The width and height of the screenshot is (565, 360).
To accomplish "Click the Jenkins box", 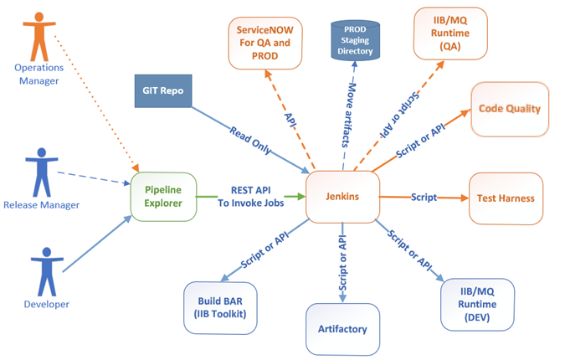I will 342,198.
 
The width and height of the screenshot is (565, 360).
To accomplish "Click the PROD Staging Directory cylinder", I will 355,41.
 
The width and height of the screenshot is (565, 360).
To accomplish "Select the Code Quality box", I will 509,109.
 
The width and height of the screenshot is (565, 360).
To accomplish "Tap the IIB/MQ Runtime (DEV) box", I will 476,303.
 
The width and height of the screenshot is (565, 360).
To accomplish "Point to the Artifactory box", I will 343,328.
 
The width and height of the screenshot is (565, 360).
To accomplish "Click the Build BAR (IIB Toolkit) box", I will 221,307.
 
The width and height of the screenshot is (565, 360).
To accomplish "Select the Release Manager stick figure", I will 39,171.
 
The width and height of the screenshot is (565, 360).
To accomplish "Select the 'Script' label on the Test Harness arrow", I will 424,198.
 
